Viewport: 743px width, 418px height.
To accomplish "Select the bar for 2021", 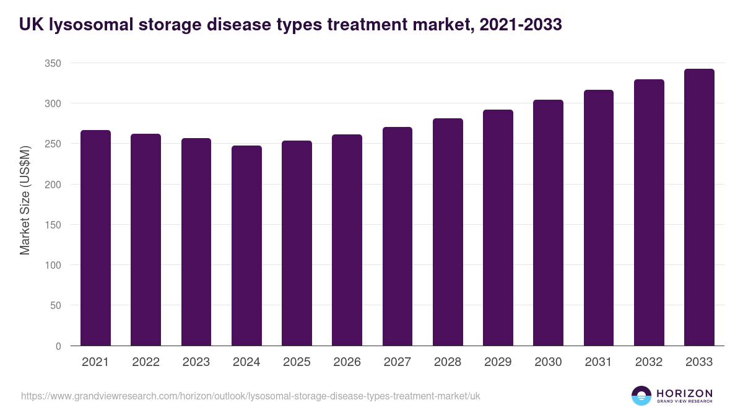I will click(95, 238).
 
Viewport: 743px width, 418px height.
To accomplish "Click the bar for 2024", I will click(246, 246).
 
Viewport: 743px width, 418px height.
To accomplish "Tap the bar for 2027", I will click(398, 237).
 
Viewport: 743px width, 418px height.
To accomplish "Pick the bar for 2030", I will click(548, 223).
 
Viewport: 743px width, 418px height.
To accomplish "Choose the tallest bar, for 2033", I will click(699, 207).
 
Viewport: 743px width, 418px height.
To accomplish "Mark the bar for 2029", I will click(498, 228).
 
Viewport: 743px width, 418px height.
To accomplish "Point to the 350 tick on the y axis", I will click(53, 63).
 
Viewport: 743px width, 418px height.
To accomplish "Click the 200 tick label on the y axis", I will click(53, 185).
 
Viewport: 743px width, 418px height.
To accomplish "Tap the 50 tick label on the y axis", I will click(56, 306).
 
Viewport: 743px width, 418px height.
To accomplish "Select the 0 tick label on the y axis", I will click(58, 346).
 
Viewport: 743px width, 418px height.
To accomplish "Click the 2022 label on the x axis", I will click(146, 362).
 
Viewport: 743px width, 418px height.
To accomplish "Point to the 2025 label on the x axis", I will click(297, 362).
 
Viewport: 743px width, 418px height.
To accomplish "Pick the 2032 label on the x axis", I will click(649, 362).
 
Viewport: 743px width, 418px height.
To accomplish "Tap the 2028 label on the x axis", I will click(448, 362).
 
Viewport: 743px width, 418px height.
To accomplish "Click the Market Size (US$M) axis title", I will click(25, 200).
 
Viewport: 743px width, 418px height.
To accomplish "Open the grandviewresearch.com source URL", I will click(250, 396).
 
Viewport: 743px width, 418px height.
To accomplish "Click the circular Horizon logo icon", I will click(641, 396).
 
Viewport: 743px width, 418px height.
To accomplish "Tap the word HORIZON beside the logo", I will click(684, 393).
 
